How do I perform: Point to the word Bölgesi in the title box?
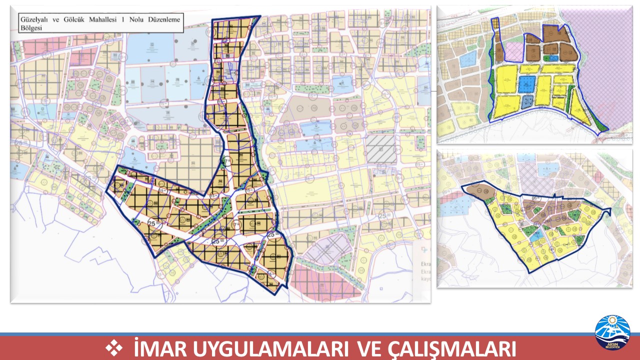[x=29, y=28]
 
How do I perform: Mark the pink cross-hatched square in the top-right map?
[x=513, y=50]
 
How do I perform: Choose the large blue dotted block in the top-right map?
[x=526, y=83]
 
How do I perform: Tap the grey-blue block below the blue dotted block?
[x=527, y=101]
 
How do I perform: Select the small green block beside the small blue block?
[x=547, y=58]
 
